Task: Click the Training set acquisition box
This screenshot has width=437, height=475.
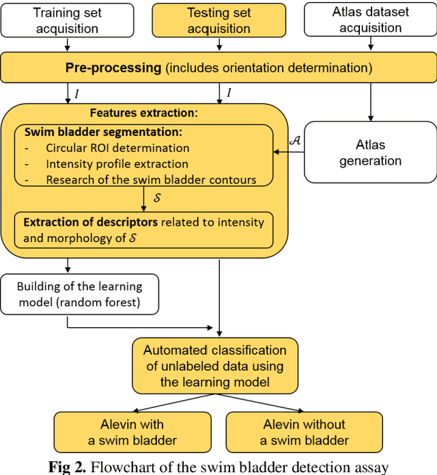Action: [66, 20]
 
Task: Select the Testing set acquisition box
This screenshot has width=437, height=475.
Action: [218, 20]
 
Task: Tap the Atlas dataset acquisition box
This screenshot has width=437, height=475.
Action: [370, 20]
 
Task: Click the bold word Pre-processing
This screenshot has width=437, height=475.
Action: [113, 68]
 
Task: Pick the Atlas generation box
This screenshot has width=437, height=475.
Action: [370, 152]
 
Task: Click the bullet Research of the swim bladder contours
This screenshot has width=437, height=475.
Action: [151, 179]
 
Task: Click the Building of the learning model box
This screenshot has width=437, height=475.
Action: [79, 295]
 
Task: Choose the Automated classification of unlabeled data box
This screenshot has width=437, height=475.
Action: [214, 366]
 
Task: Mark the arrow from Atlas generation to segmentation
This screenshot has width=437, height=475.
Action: [289, 152]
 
